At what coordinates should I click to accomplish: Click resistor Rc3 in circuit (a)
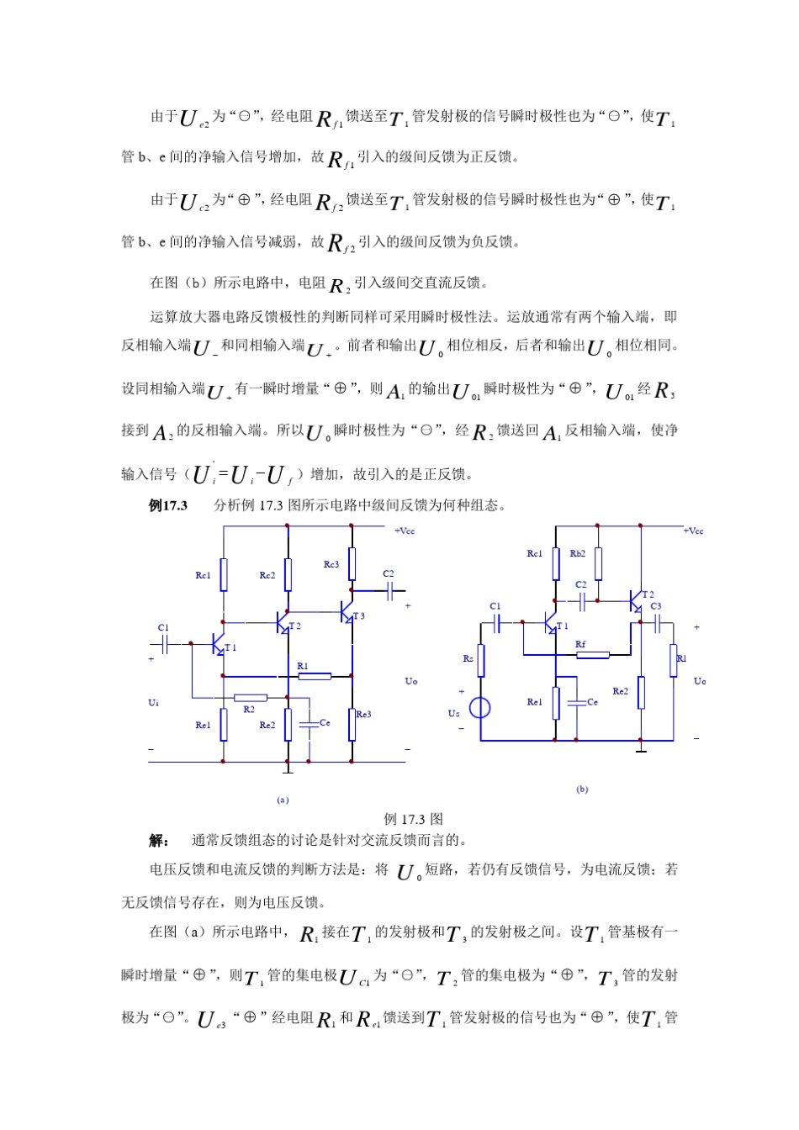[x=352, y=563]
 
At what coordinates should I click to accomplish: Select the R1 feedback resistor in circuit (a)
[x=314, y=674]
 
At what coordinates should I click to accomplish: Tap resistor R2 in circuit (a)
[x=251, y=697]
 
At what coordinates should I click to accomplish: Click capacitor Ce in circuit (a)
[x=309, y=722]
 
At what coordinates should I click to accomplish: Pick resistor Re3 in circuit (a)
[x=352, y=724]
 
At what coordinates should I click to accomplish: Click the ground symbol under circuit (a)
[x=288, y=768]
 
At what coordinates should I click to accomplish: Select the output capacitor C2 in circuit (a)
[x=389, y=591]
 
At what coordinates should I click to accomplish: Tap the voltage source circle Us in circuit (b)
[x=479, y=708]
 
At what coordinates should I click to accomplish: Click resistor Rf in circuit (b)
[x=592, y=654]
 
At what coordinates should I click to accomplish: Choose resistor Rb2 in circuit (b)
[x=598, y=563]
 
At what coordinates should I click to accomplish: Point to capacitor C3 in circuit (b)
[x=658, y=622]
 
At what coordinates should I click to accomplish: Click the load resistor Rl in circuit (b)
[x=674, y=659]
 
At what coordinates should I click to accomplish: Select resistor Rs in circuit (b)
[x=480, y=660]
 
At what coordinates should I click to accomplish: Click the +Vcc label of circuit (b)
[x=694, y=531]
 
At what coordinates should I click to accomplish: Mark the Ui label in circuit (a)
[x=154, y=702]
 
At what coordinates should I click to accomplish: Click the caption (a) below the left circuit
[x=283, y=800]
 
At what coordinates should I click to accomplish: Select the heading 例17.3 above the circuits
[x=168, y=505]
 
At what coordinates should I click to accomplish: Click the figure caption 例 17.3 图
[x=413, y=819]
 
